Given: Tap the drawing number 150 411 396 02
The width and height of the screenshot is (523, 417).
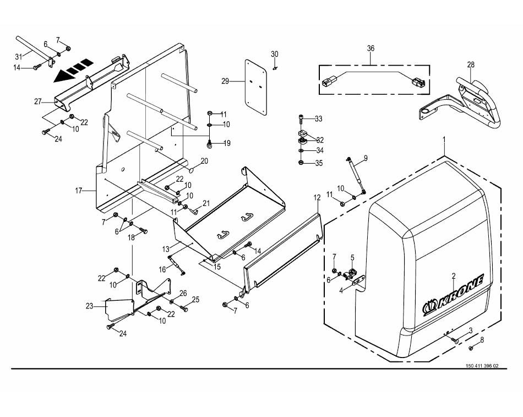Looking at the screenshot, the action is (x=482, y=366).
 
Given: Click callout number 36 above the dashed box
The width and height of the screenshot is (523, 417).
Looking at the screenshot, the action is (x=371, y=48).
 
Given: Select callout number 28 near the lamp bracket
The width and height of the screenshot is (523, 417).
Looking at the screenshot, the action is (x=471, y=65).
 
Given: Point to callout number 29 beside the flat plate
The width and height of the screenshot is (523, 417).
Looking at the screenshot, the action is (x=225, y=81).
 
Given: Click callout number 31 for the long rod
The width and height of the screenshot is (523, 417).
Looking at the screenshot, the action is (x=19, y=57).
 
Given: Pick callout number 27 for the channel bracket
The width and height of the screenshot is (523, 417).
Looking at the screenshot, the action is (x=37, y=101).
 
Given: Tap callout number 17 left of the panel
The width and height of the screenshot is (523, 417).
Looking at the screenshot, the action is (x=78, y=191).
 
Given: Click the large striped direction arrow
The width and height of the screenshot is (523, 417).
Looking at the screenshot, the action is (x=73, y=70).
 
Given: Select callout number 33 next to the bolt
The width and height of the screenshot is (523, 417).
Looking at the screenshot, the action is (x=319, y=119).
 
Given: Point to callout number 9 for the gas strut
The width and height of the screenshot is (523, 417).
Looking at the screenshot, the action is (x=366, y=158).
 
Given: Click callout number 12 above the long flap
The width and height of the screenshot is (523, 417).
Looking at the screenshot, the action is (x=317, y=198).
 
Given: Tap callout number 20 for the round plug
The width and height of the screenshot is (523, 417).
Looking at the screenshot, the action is (x=204, y=161).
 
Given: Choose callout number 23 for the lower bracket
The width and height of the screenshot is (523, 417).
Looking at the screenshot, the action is (x=89, y=306).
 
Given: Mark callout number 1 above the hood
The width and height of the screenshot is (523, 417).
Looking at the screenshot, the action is (x=444, y=139).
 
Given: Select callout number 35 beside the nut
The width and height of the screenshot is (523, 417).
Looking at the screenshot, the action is (x=319, y=164).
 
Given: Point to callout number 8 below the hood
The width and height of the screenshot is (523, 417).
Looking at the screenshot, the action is (x=482, y=340).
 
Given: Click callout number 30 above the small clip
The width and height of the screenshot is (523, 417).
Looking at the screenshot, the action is (x=274, y=54).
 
